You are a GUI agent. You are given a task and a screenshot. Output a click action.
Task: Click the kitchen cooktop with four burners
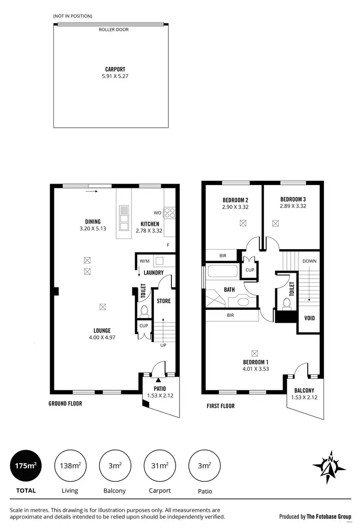(170, 212)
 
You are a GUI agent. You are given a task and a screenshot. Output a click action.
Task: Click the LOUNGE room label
(102, 331)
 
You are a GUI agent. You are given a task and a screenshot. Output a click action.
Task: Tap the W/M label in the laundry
(144, 261)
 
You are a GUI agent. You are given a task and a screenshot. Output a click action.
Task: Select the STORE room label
(164, 301)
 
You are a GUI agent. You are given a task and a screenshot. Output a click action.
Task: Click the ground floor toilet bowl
(143, 311)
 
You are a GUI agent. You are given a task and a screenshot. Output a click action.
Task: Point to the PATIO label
(160, 388)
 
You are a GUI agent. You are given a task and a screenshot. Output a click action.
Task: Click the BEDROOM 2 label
(235, 200)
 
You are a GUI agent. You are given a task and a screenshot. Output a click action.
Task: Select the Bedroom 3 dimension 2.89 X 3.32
(293, 206)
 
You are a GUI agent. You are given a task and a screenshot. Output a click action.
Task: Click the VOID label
(309, 318)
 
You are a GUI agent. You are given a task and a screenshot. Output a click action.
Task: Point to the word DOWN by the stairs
(309, 261)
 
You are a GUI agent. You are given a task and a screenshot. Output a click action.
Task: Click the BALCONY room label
(304, 390)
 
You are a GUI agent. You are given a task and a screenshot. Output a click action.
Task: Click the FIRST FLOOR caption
(220, 406)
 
